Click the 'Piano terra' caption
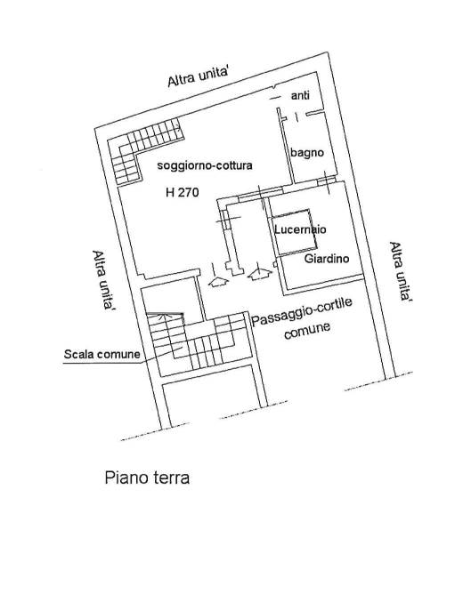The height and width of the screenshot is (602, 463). [x=147, y=478]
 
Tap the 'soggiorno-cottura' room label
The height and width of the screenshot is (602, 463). [x=205, y=165]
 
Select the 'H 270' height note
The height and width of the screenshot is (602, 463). [x=183, y=192]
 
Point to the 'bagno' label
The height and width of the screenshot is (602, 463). [x=307, y=153]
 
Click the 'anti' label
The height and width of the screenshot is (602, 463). [x=300, y=95]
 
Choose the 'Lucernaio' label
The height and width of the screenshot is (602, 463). [x=300, y=229]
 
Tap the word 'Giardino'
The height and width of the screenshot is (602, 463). [x=327, y=259]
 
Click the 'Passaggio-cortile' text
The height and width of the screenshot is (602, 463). [x=302, y=311]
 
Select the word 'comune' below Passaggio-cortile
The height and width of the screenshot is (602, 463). [x=307, y=332]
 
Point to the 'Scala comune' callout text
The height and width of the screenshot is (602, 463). [x=102, y=354]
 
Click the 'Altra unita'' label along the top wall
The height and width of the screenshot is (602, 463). [x=199, y=77]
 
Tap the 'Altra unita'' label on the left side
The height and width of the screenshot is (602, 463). [x=102, y=281]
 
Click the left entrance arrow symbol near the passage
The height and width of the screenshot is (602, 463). [x=218, y=282]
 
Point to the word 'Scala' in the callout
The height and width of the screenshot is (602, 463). [x=78, y=354]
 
